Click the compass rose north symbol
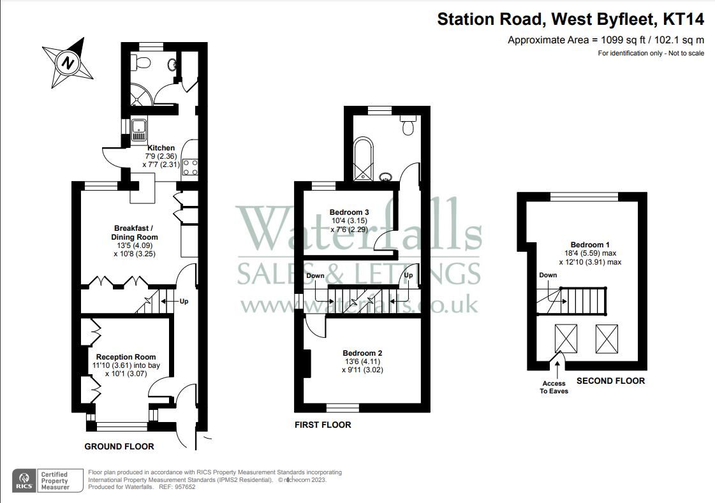[66, 62]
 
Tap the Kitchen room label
[160, 148]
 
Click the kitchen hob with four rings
[190, 168]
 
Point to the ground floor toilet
[143, 62]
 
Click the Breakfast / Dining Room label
[135, 233]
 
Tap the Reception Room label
[126, 357]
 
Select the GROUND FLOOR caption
[119, 446]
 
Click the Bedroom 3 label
[349, 212]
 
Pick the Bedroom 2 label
[362, 353]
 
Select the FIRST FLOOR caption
[322, 425]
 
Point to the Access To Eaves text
[554, 387]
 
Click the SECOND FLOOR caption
[610, 381]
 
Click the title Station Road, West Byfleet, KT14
[570, 20]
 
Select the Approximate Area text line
[605, 40]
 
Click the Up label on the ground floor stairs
[184, 301]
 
